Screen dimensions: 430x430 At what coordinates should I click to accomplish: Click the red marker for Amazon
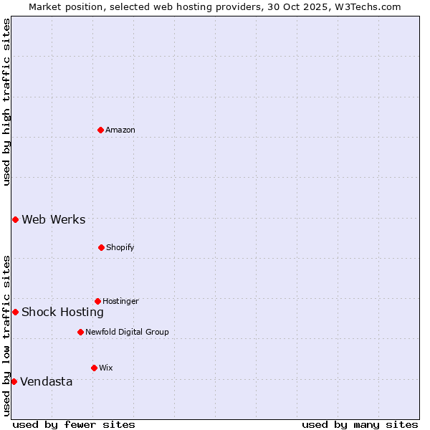pyautogui.click(x=100, y=130)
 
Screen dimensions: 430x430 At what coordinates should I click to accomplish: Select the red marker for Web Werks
pyautogui.click(x=15, y=219)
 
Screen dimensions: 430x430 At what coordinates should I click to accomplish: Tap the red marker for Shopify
pyautogui.click(x=101, y=247)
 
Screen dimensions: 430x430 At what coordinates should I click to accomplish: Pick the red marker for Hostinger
pyautogui.click(x=97, y=301)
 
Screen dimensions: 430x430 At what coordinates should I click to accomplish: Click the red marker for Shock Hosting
pyautogui.click(x=15, y=312)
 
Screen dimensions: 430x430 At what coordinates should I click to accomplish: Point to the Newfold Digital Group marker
pyautogui.click(x=80, y=332)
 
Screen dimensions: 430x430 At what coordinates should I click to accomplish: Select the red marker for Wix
pyautogui.click(x=94, y=368)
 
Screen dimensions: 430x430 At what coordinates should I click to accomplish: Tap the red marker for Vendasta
pyautogui.click(x=14, y=381)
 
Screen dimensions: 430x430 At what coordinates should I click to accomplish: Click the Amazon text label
pyautogui.click(x=120, y=130)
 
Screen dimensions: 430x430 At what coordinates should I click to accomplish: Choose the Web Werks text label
pyautogui.click(x=54, y=219)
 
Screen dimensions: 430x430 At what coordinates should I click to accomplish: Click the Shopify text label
pyautogui.click(x=120, y=247)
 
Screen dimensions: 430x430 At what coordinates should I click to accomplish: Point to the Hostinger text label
pyautogui.click(x=120, y=301)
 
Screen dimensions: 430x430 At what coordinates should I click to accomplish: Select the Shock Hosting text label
pyautogui.click(x=63, y=312)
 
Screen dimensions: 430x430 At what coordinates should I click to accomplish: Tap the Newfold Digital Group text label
pyautogui.click(x=128, y=332)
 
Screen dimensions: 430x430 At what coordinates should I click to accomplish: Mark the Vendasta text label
pyautogui.click(x=47, y=381)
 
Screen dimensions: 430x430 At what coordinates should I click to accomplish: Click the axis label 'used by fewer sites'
pyautogui.click(x=73, y=424)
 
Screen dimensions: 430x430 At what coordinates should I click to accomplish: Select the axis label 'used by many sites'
pyautogui.click(x=360, y=424)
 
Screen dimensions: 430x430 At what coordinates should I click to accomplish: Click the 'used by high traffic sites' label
pyautogui.click(x=6, y=102)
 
